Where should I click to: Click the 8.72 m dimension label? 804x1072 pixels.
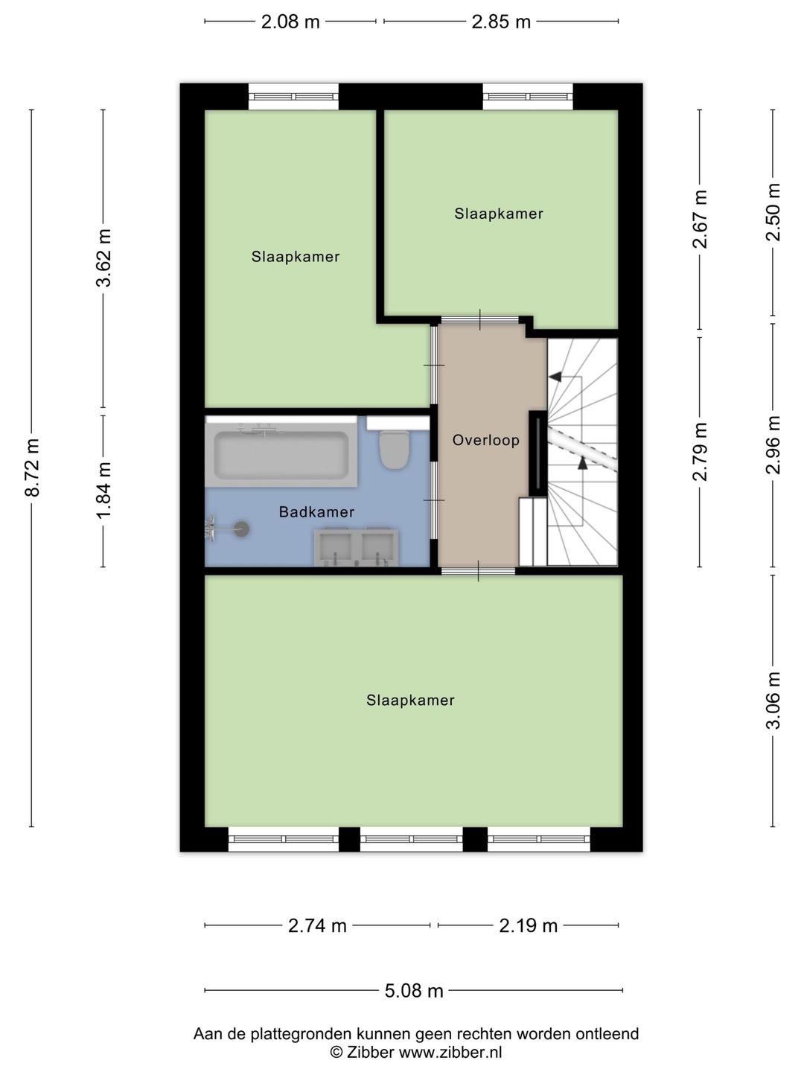coord(33,468)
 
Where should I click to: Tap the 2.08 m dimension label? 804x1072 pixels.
coord(290,22)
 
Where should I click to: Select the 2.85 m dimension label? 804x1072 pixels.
coord(501,22)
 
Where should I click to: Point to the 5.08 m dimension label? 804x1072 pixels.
coord(413,991)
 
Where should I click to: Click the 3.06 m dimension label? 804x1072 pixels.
coord(773,701)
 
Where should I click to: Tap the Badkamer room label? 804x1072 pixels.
coord(316,512)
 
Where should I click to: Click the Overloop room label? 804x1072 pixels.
coord(485,440)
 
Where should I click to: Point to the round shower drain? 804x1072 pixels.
coord(242,528)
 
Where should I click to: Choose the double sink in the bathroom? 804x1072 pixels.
coord(356,546)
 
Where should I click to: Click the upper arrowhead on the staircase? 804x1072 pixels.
coord(555,377)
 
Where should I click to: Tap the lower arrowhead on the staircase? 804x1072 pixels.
coord(582,463)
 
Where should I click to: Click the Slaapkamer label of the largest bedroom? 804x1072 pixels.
coord(410,701)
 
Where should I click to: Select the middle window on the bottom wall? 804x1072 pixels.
coord(412,840)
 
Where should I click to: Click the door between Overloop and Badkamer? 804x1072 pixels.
coord(434,500)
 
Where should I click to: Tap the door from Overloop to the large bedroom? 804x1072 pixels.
coord(479,571)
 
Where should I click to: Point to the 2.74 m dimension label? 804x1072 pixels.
coord(317,925)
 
